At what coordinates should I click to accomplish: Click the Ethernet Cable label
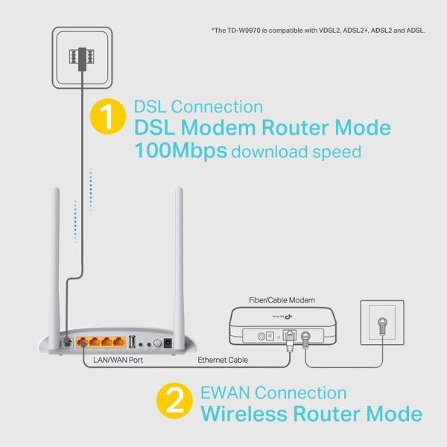(224, 361)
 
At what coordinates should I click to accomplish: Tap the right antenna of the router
(179, 253)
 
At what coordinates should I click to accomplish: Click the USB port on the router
(132, 342)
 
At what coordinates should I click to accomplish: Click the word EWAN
(226, 393)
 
